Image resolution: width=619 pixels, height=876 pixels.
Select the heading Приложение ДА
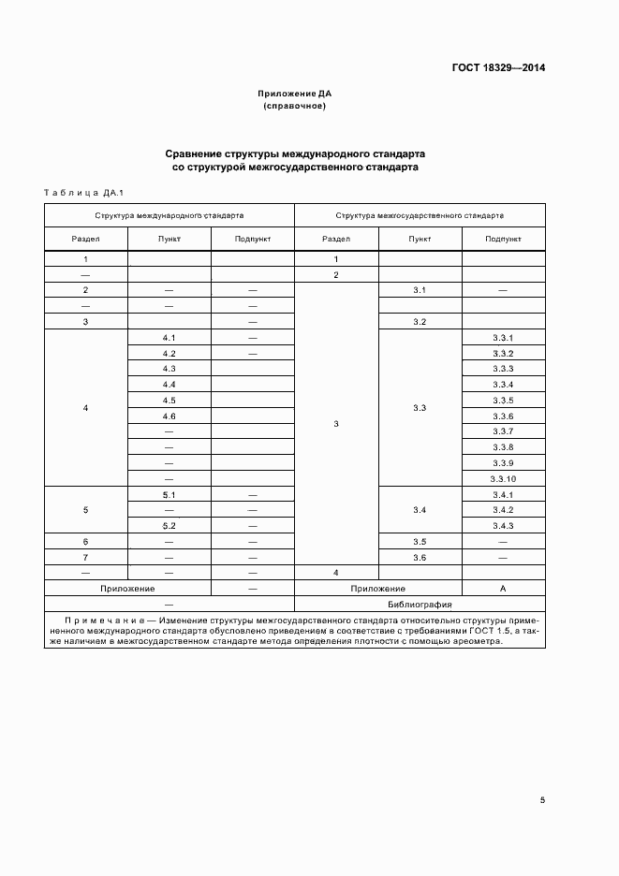click(x=295, y=94)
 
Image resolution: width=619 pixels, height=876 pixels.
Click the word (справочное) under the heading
click(x=295, y=107)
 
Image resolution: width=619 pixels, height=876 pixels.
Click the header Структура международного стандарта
click(x=169, y=215)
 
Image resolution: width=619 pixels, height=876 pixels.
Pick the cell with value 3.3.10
click(x=503, y=479)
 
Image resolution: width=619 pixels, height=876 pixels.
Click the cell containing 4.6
click(x=169, y=416)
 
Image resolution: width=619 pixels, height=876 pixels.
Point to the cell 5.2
click(x=169, y=526)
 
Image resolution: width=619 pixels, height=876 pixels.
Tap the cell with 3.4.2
click(x=503, y=510)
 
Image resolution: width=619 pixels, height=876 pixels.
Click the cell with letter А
click(x=503, y=589)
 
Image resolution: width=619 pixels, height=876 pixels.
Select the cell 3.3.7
click(x=503, y=431)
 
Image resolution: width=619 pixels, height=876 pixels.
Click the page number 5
click(x=543, y=800)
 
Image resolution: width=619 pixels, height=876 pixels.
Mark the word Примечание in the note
click(x=105, y=620)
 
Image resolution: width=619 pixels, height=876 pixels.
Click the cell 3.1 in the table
click(x=420, y=290)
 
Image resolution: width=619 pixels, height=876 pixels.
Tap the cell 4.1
click(x=169, y=337)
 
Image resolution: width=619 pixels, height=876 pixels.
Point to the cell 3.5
click(x=420, y=542)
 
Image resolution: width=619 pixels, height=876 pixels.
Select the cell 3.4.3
click(x=503, y=526)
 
